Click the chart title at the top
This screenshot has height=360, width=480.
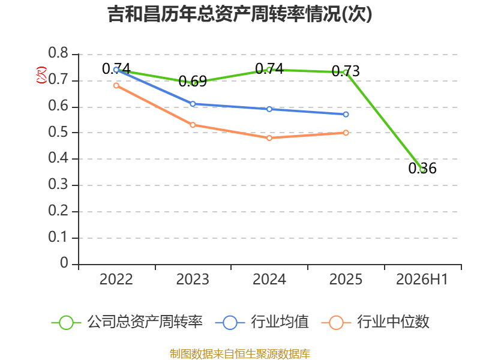click(240, 14)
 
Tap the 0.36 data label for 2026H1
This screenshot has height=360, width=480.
click(422, 168)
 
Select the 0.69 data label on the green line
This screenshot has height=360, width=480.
click(193, 81)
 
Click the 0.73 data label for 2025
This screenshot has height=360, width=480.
click(346, 71)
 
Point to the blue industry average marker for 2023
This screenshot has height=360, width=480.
click(193, 104)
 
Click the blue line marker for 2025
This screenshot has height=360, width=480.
click(346, 115)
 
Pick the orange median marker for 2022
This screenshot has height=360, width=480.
click(116, 86)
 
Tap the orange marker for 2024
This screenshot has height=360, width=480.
click(269, 138)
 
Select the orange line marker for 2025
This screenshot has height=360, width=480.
click(346, 133)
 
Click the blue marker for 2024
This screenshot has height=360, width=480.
click(269, 109)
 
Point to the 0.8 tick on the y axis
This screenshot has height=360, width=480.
click(58, 53)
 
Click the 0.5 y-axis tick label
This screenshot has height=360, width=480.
click(58, 132)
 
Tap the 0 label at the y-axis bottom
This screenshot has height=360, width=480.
click(64, 263)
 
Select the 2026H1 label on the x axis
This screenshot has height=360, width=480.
click(422, 280)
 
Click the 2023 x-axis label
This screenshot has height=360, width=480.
click(193, 280)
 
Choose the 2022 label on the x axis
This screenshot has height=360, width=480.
click(116, 280)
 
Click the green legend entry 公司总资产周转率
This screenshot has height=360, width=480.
click(127, 322)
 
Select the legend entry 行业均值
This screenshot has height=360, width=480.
click(262, 322)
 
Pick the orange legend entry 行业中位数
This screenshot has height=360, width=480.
click(376, 322)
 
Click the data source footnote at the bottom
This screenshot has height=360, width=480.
click(240, 354)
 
